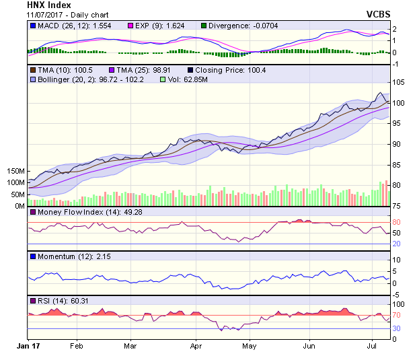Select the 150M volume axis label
pyautogui.click(x=15, y=172)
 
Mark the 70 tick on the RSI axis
pyautogui.click(x=397, y=315)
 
